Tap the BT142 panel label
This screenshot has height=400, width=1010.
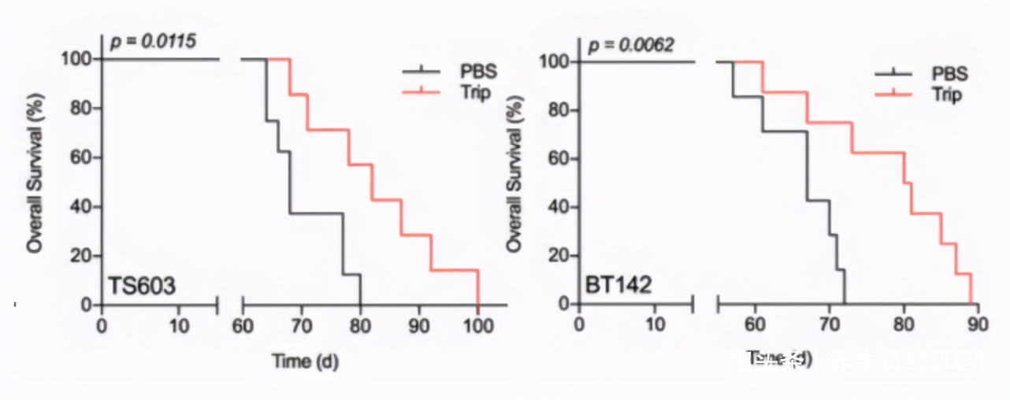click(x=619, y=284)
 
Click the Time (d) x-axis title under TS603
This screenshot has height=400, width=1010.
click(x=305, y=361)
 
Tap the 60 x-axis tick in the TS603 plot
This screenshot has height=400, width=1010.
click(x=243, y=324)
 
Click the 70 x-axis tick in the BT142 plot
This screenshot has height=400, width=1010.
click(x=828, y=324)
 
